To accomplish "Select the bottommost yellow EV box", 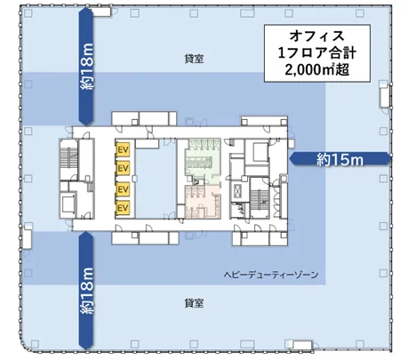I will coord(124,208).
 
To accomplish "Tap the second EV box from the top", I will coord(124,170).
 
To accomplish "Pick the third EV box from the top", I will coord(124,189).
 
